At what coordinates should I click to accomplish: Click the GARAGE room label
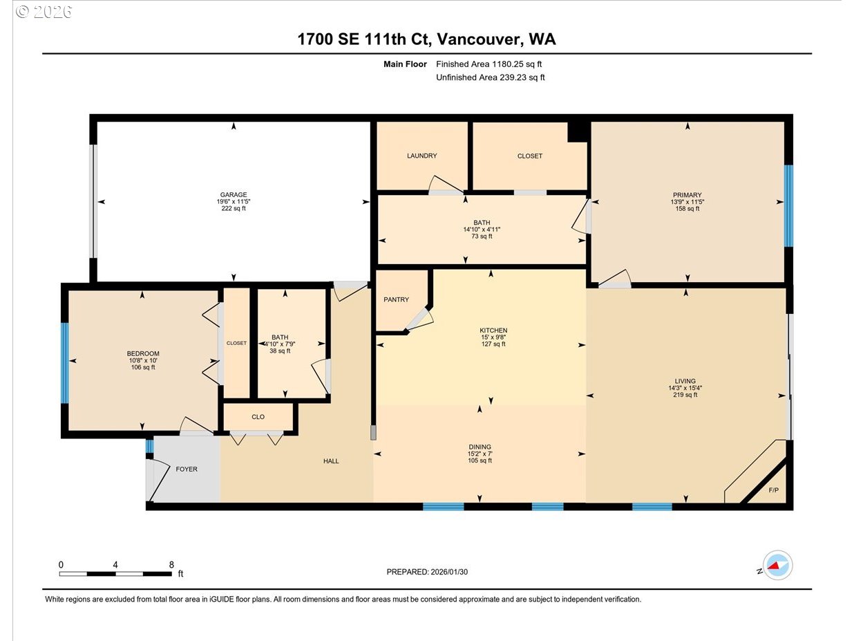point(234,194)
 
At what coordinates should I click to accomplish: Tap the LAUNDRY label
point(421,156)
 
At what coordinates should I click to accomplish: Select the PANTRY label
point(396,299)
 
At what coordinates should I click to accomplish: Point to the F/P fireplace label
point(773,490)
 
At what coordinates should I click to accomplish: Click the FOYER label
point(187,469)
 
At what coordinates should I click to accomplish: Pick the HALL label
point(331,461)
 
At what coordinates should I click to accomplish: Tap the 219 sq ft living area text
point(685,395)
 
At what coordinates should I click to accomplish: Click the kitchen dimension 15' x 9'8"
point(493,337)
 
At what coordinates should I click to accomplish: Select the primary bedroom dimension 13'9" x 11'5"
point(687,202)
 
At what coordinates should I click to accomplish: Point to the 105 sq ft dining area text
point(480,461)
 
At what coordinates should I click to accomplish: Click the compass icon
point(777,565)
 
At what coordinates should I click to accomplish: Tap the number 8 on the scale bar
point(171,564)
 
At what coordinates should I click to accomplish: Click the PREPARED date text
point(427,572)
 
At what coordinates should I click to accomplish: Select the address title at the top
point(426,39)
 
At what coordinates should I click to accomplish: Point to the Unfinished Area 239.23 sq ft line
point(491,77)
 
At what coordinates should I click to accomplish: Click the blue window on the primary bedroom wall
point(788,206)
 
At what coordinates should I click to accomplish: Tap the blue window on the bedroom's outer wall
point(64,363)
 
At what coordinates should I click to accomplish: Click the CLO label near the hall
point(258,417)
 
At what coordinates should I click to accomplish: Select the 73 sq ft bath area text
point(482,236)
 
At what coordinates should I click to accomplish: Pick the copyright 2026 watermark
point(44,12)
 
